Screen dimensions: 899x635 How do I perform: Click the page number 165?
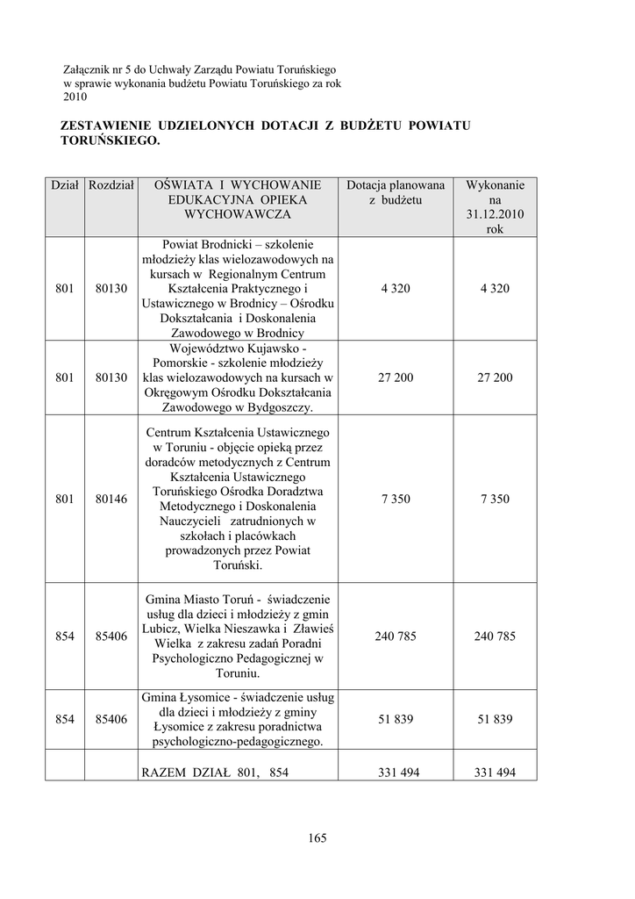point(317,838)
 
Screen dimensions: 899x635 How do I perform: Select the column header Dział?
point(65,185)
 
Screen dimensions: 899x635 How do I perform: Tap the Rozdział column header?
point(111,185)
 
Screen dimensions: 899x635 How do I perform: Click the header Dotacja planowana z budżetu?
point(396,192)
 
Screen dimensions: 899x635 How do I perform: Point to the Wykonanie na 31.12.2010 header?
point(495,207)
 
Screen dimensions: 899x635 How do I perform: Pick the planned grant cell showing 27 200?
point(396,378)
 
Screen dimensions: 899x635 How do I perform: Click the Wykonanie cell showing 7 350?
point(495,499)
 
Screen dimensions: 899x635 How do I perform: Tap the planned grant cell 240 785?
point(396,636)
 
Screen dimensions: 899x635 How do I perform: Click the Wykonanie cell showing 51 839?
point(495,719)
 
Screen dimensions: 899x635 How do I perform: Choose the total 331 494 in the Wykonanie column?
point(495,773)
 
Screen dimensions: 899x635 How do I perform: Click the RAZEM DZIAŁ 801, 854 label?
point(215,773)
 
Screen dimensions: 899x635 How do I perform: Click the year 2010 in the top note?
point(75,97)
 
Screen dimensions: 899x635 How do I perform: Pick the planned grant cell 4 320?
point(396,289)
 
